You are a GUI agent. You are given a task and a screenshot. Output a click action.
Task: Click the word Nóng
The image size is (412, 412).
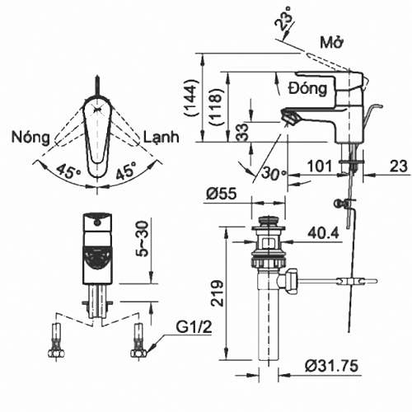tap(30, 137)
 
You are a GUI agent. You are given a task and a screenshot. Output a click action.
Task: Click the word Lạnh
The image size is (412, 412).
tap(162, 137)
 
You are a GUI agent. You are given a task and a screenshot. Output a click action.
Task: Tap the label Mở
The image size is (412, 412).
tap(332, 42)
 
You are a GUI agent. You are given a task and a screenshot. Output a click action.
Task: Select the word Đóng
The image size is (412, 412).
tap(308, 88)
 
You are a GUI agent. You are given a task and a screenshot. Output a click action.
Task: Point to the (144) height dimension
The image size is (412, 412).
tap(191, 98)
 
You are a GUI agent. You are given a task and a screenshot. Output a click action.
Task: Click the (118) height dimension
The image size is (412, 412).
tap(215, 107)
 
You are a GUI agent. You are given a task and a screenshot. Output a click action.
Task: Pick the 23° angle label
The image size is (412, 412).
tap(283, 19)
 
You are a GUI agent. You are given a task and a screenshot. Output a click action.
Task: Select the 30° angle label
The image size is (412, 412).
tap(274, 174)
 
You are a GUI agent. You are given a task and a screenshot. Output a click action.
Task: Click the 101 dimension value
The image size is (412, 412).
tap(320, 166)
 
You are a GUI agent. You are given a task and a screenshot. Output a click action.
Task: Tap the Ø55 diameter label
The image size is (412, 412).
tap(222, 193)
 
